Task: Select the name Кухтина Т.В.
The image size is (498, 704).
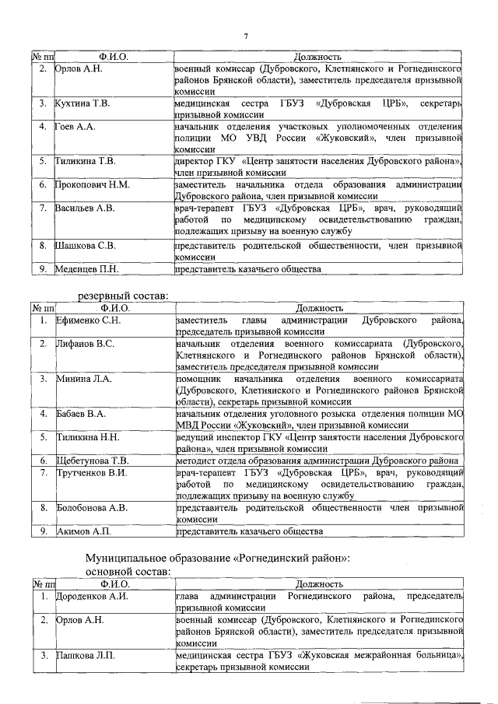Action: point(82,103)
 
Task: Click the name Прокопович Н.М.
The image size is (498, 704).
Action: point(93,185)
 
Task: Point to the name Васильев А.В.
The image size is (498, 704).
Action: point(86,208)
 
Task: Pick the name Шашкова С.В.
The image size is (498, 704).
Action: point(86,246)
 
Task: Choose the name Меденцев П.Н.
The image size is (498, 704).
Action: point(88,269)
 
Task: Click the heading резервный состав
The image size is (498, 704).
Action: point(122,296)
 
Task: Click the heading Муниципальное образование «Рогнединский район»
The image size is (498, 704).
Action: point(217,559)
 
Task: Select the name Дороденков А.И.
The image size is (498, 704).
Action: point(92,596)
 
